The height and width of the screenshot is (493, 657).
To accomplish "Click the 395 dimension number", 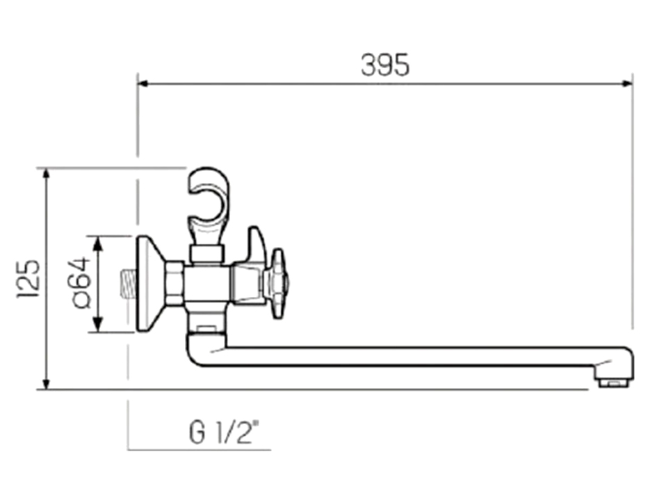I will (385, 65).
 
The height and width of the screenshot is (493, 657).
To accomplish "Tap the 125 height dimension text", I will (29, 279).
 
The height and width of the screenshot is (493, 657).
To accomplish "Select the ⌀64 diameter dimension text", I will (81, 283).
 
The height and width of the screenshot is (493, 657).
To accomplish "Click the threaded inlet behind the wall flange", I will (128, 284).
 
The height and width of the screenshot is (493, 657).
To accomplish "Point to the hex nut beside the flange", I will (175, 284).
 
